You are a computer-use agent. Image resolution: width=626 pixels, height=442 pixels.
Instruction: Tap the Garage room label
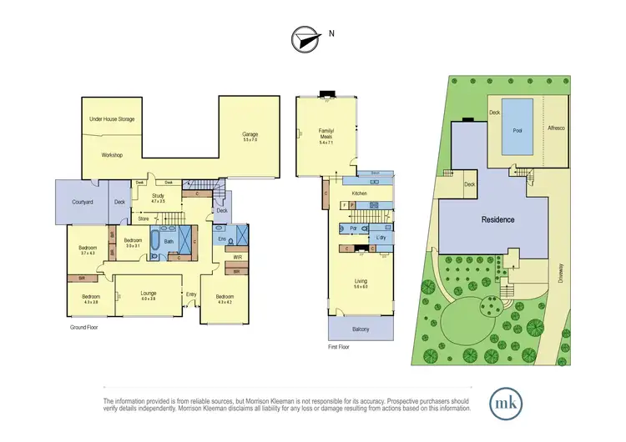click(250, 135)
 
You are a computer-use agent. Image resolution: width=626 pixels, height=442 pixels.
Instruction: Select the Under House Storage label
click(112, 119)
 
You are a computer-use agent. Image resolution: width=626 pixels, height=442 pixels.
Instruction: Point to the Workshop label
click(112, 156)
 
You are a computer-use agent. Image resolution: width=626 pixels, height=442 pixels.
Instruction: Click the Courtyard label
click(81, 201)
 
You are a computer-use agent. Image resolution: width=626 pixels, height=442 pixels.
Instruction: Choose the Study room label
click(158, 198)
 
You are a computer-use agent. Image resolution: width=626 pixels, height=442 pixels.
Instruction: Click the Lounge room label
click(147, 294)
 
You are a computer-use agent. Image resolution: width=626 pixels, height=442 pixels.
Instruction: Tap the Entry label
click(191, 294)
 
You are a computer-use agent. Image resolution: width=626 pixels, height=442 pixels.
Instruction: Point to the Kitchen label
click(359, 193)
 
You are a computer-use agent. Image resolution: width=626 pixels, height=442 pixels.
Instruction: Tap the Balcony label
click(361, 329)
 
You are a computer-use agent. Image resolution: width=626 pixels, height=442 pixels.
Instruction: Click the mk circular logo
click(507, 403)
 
